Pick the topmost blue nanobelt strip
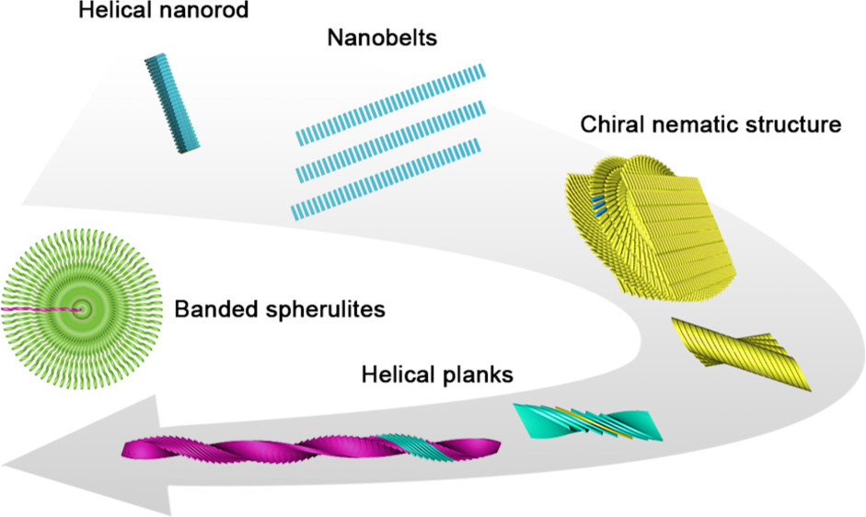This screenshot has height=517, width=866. (x=391, y=104)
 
